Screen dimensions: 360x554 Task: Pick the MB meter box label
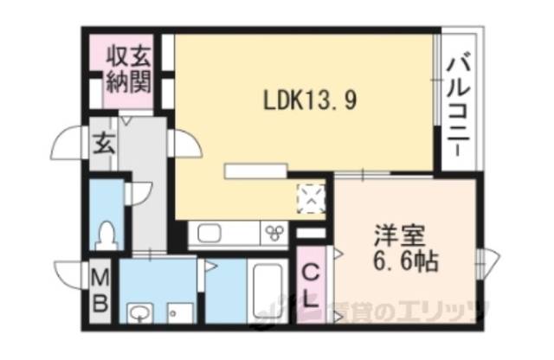(x=101, y=292)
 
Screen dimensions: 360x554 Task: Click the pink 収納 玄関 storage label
(x=128, y=71)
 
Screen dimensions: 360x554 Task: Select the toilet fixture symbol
(x=107, y=234)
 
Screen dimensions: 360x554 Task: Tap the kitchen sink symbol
(x=213, y=233)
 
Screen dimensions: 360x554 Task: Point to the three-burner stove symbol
(x=275, y=232)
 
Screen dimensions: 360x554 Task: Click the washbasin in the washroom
(x=138, y=311)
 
